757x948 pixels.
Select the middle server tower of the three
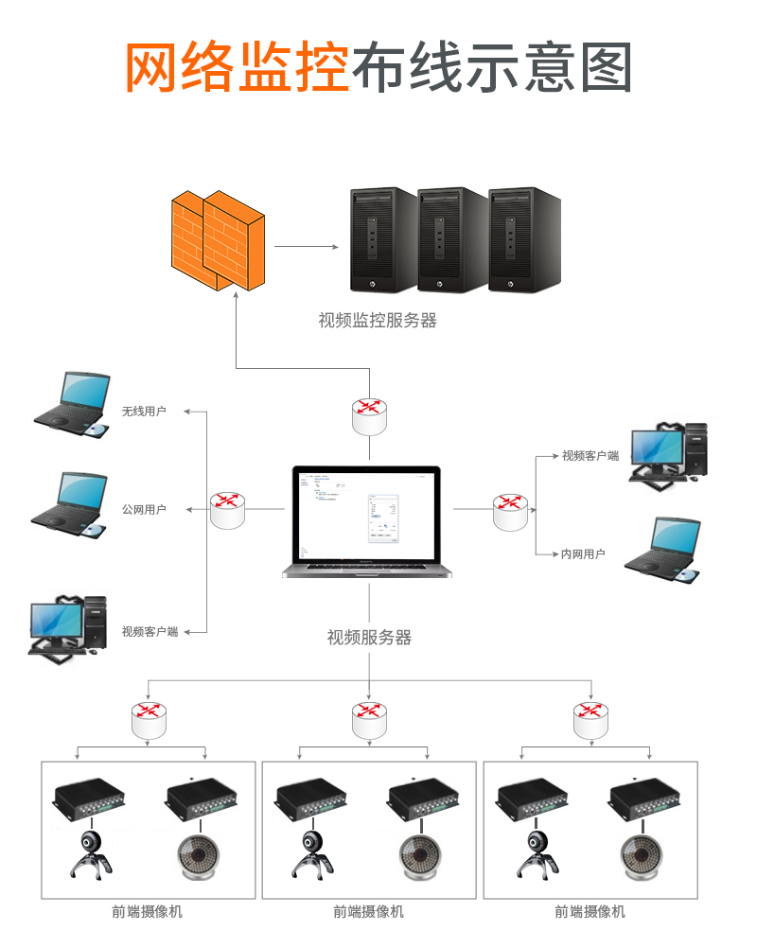[453, 239]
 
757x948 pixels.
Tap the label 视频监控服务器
[378, 321]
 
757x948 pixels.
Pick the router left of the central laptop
[227, 510]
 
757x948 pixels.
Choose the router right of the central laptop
[511, 511]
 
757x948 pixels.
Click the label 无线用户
[144, 412]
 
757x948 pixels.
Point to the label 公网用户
[144, 509]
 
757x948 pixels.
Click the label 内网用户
[583, 553]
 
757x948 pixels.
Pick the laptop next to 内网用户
[663, 549]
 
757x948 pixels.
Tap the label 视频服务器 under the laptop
[369, 638]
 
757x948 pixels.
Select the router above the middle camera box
[368, 720]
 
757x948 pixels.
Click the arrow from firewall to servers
[306, 247]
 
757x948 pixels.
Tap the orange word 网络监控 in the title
[238, 67]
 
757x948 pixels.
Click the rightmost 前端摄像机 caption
[590, 912]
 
